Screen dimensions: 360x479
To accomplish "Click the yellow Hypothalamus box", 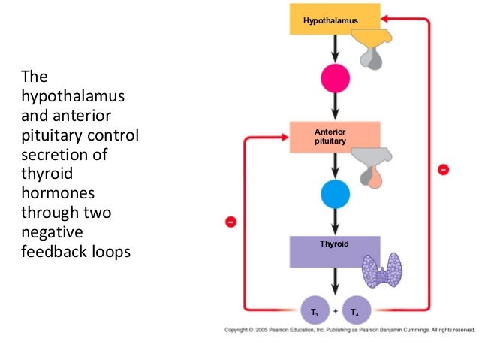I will (x=331, y=17).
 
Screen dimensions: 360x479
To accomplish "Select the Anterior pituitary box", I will (x=331, y=136).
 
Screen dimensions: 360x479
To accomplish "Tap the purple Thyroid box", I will (x=331, y=251).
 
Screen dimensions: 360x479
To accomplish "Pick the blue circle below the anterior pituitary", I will (x=336, y=195).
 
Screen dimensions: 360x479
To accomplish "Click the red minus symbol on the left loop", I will (x=231, y=222).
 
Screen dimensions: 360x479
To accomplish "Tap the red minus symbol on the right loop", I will (x=444, y=170).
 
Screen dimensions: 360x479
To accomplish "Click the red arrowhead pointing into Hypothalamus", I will (x=385, y=17).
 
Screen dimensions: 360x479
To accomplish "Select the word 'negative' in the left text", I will (x=51, y=232).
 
